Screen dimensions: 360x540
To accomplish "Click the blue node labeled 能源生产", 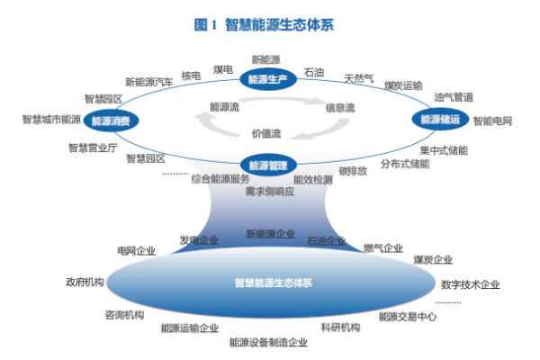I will point(268,80).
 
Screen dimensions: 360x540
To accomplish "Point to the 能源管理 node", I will point(268,165).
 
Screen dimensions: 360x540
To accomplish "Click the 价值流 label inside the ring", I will point(266,133).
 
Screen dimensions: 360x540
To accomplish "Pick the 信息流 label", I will point(339,107).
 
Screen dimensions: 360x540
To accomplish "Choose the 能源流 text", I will point(224,107).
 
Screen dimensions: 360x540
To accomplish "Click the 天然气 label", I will point(359,79).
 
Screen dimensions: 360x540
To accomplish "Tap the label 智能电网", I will point(492,120).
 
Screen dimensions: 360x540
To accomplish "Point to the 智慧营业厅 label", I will point(93,147).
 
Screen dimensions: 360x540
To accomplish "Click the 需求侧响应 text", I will point(269,193).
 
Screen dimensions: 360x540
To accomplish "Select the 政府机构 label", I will point(85,282).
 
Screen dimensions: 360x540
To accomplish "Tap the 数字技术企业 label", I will point(470,284).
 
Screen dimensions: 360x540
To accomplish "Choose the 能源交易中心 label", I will point(408,316).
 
